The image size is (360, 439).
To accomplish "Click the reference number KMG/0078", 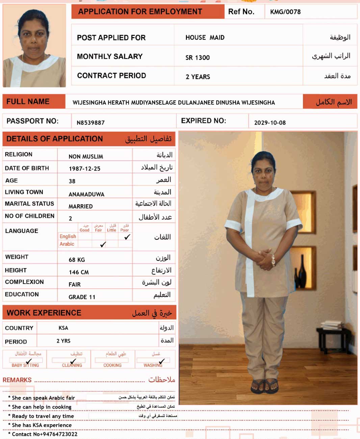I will tap(285, 12).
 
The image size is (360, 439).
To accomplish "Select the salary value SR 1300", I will tap(198, 58).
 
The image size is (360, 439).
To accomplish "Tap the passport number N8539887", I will tap(91, 123).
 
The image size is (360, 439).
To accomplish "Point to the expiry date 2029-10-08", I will tap(270, 123).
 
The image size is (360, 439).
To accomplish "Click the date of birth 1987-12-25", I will tap(84, 169).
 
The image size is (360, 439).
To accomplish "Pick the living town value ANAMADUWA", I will tap(86, 194).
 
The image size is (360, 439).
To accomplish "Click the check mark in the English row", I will tap(127, 237).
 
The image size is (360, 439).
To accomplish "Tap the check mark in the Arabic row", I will tap(103, 244).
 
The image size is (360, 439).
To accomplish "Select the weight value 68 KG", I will tap(77, 260).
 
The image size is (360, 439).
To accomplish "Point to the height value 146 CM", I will tap(79, 272).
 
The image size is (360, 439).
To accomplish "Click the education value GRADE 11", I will tap(82, 297).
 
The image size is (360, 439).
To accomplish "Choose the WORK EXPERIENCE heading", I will tap(44, 313).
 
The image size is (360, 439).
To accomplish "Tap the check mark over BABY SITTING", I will tap(29, 361).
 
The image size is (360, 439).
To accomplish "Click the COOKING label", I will tap(112, 365).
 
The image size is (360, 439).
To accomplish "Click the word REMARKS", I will tap(17, 380).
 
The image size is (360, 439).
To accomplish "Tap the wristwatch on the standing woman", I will tap(273, 260).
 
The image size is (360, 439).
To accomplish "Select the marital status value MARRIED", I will tap(80, 206).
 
